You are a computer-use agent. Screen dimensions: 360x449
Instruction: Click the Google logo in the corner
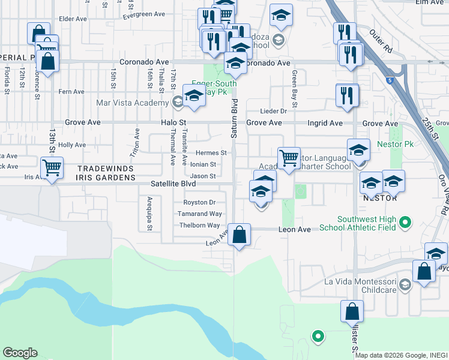20,353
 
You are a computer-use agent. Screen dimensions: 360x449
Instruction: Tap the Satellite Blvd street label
173,184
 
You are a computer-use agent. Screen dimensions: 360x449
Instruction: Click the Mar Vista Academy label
133,102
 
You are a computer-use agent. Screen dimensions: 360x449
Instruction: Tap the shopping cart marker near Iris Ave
52,167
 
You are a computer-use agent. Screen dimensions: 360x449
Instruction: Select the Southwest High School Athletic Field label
366,224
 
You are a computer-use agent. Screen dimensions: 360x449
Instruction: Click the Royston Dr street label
199,203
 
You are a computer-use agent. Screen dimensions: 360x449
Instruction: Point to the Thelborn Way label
200,226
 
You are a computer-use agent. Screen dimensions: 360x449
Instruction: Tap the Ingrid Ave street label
326,123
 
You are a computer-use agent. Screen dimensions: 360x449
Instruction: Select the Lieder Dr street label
274,111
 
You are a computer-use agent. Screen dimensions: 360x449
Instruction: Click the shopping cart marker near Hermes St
289,158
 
